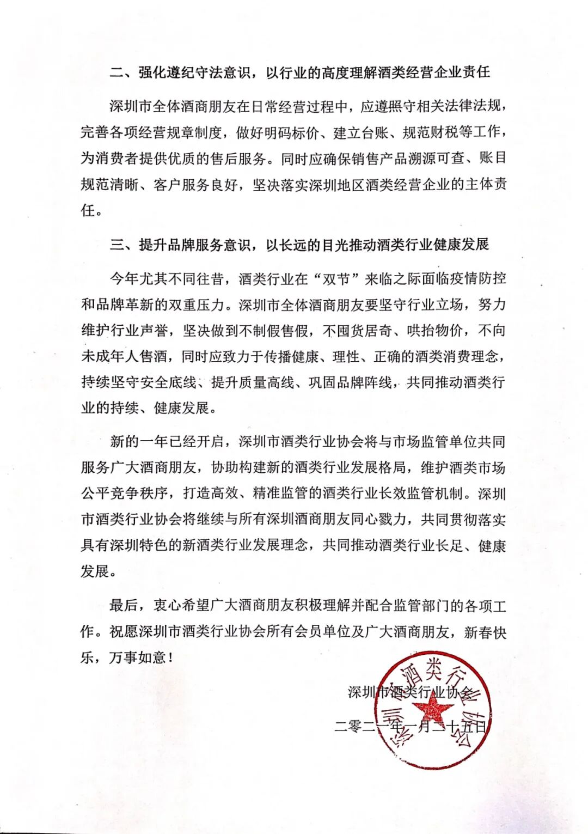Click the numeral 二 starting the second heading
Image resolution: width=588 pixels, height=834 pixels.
[117, 72]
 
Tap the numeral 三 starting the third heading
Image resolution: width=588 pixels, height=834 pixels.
[117, 245]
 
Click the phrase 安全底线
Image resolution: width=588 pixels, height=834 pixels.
[167, 382]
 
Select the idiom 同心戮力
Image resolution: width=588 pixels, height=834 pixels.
[379, 520]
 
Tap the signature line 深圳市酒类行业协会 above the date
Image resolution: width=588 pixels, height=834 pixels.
[411, 692]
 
